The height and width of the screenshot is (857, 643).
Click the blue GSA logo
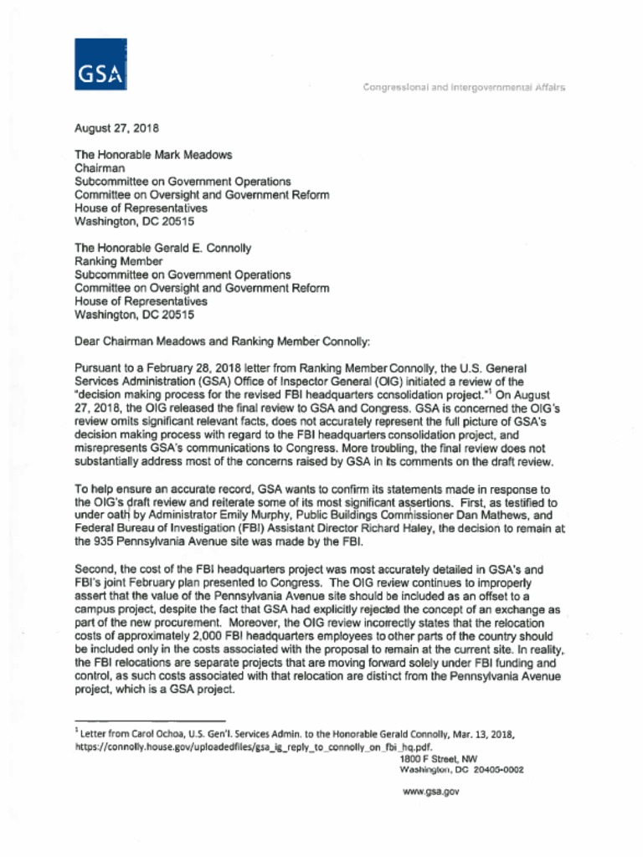100,64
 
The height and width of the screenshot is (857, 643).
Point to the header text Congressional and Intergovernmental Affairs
464,87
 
